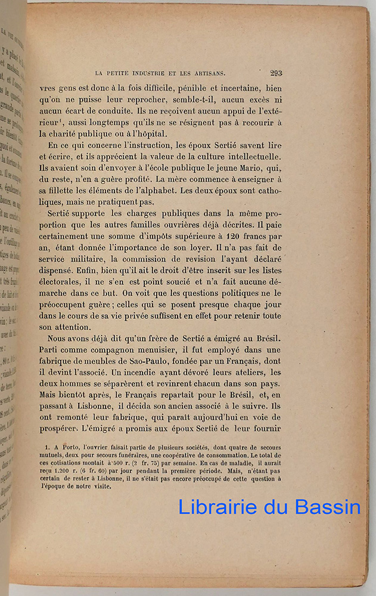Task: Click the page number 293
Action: coord(276,73)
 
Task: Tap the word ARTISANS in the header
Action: coord(204,73)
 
